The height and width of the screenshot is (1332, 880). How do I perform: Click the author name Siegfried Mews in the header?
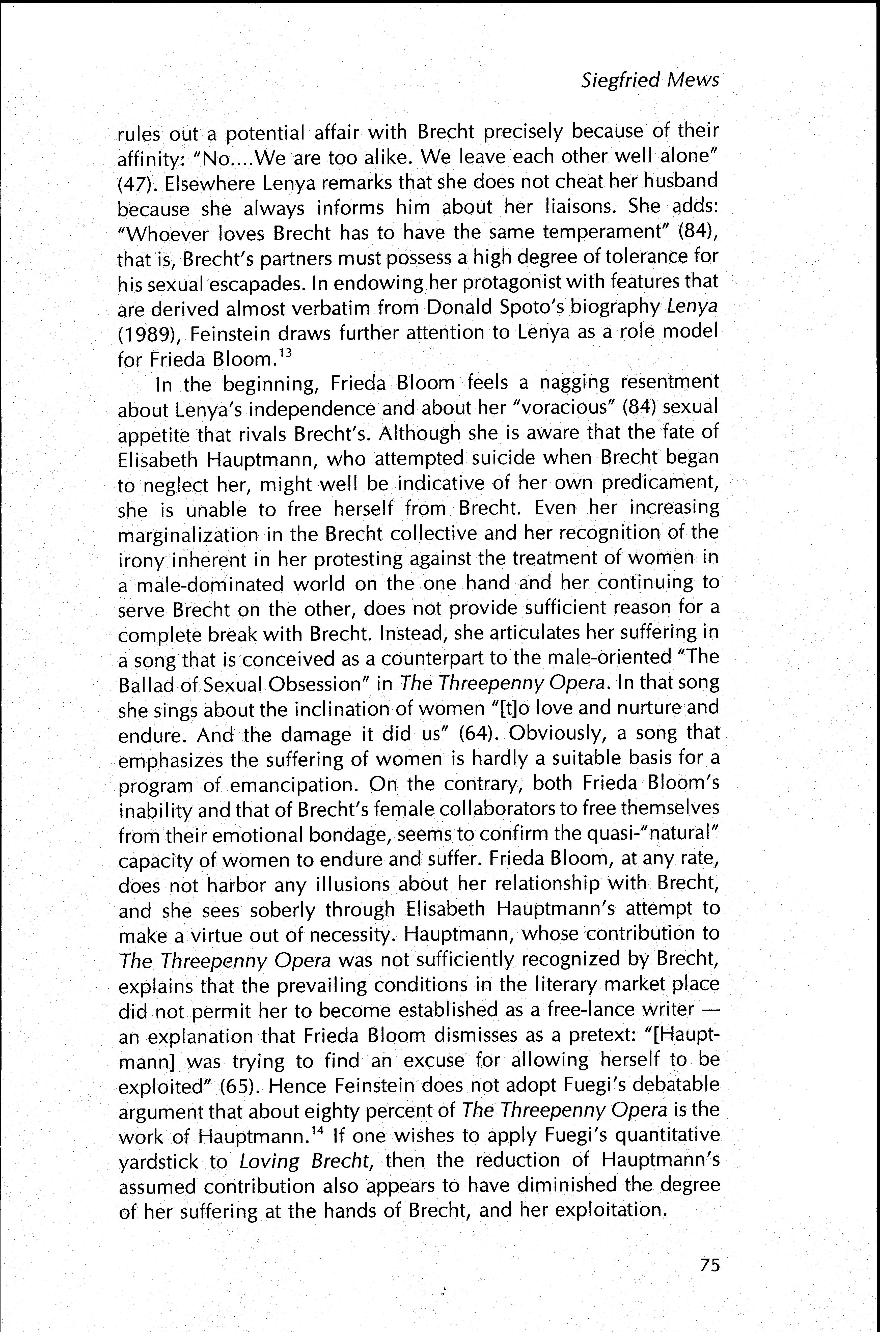coord(649,80)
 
